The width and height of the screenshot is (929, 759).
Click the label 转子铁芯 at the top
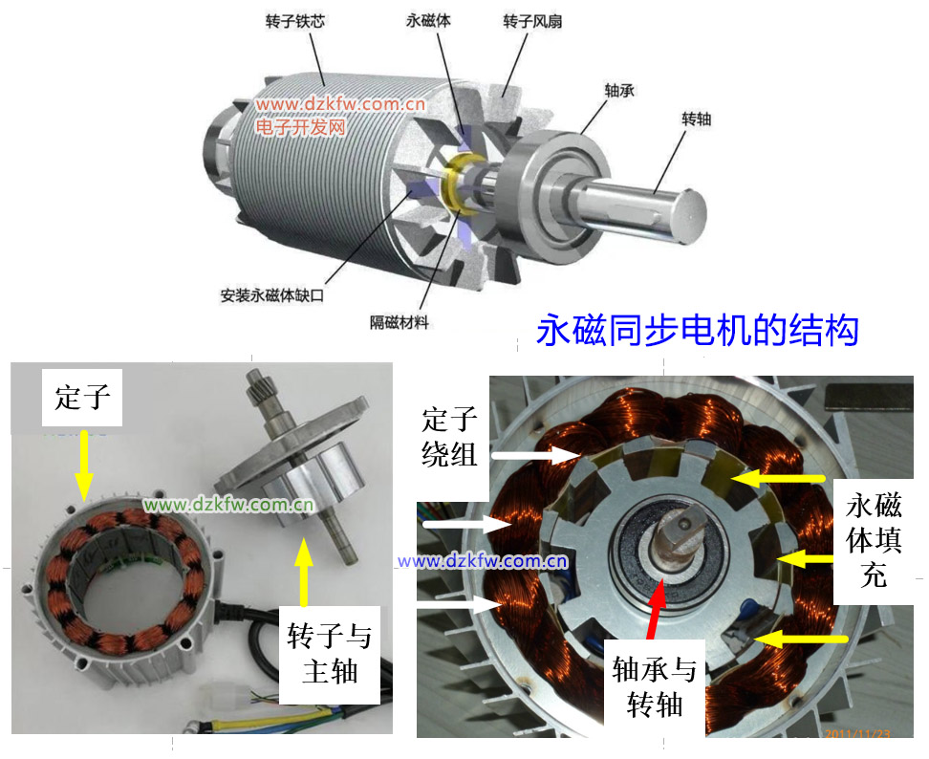point(295,21)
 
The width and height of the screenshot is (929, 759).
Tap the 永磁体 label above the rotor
point(428,21)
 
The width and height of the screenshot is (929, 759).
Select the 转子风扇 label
point(532,21)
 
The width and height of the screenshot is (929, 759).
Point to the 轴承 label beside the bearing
point(619,91)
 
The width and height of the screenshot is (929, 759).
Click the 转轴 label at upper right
point(696,119)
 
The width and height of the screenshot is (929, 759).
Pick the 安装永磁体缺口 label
point(272,295)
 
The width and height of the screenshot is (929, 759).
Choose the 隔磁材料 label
point(399,322)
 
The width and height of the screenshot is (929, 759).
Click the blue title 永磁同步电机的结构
point(698,330)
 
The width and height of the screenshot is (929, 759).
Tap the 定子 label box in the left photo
point(82,397)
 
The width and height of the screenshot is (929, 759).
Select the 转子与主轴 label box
point(330,655)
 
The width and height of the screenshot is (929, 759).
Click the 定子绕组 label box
point(450,437)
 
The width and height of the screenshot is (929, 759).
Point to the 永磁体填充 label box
point(874,540)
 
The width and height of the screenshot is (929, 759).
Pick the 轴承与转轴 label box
point(654,688)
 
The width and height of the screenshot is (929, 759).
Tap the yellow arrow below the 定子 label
point(83,466)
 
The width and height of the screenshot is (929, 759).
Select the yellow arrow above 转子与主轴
point(304,572)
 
